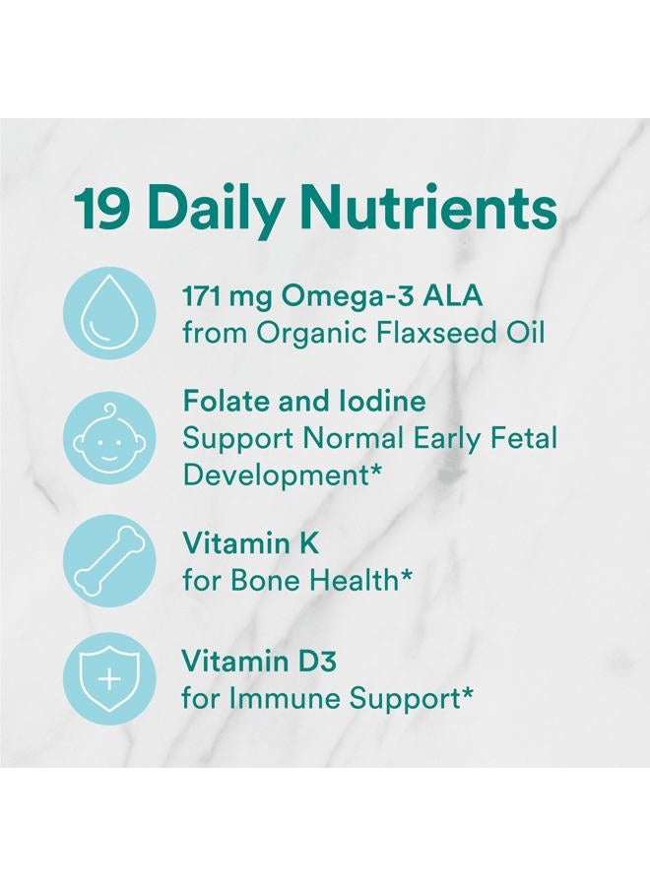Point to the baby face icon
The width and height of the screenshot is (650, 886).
(109, 438)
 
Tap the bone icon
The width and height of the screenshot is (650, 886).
(109, 560)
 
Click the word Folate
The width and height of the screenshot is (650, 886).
(220, 402)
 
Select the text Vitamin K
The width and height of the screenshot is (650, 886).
(237, 542)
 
